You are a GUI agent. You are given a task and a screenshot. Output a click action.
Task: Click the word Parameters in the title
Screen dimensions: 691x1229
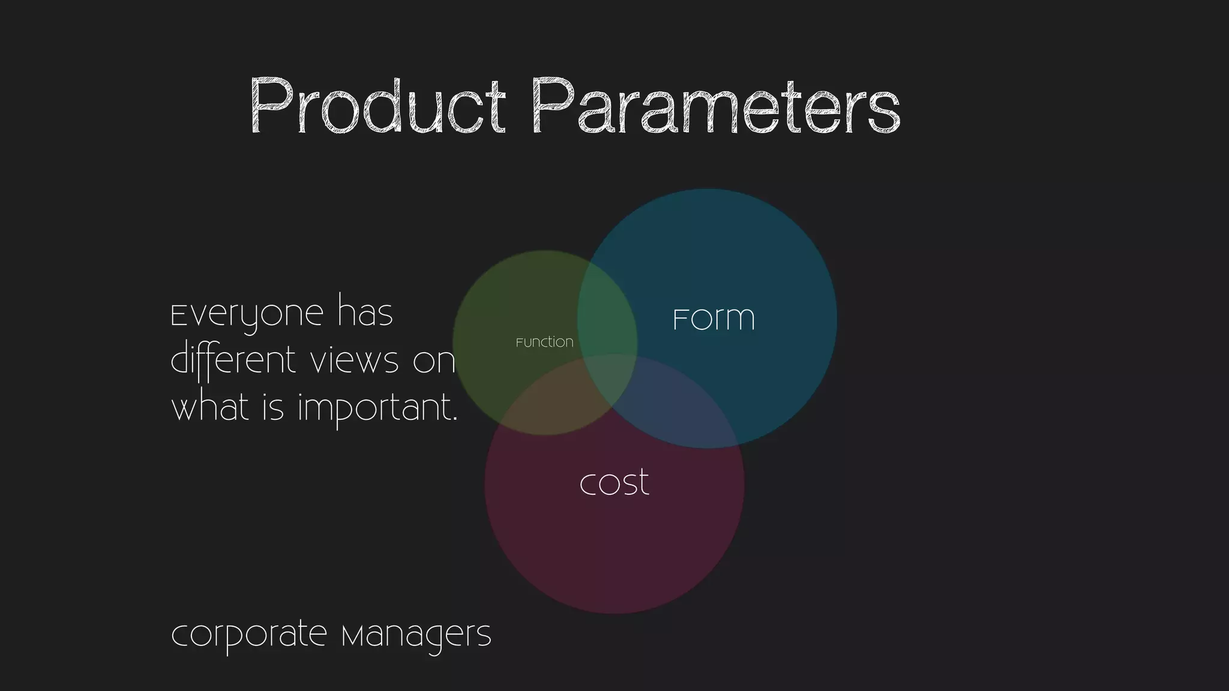[x=716, y=107]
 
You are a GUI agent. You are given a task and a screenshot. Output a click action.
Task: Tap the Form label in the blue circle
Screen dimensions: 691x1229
[x=714, y=319]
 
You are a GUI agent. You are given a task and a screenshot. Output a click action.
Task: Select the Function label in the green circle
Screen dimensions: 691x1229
[x=544, y=343]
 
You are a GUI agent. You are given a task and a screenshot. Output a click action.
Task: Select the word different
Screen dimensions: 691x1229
[x=233, y=360]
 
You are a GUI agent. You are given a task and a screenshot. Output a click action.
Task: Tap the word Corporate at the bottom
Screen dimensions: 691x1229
[x=249, y=635]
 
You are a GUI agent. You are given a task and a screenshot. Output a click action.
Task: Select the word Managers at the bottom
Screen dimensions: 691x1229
[x=416, y=635]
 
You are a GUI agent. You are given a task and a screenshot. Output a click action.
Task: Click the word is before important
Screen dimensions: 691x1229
[x=273, y=407]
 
